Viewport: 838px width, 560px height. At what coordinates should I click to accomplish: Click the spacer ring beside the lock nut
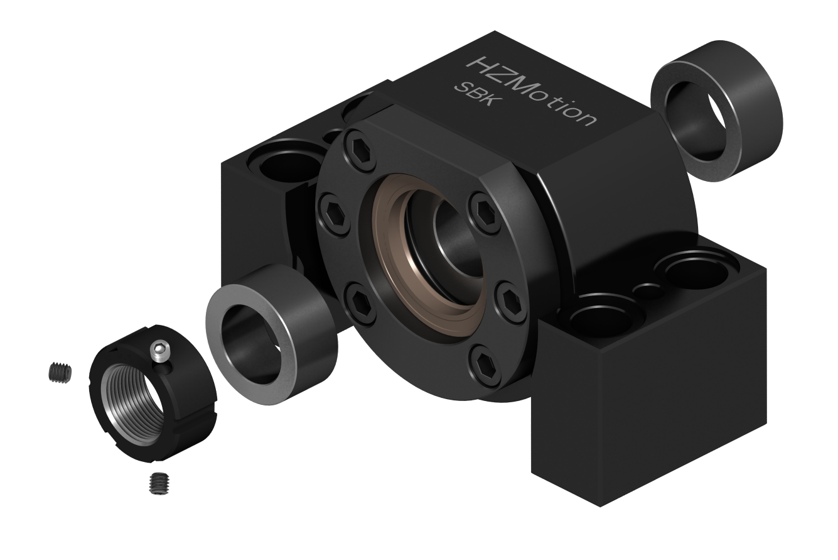[271, 334]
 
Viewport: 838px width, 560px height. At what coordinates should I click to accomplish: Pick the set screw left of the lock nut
[60, 372]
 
